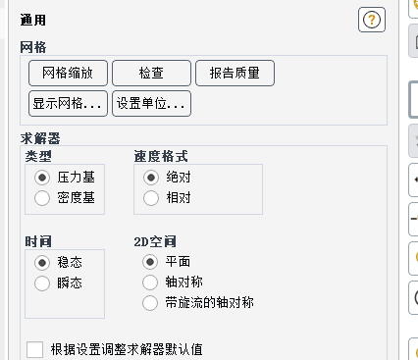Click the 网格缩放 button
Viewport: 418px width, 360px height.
pos(68,73)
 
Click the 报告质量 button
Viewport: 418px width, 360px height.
pos(235,73)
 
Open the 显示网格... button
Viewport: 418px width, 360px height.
pos(68,104)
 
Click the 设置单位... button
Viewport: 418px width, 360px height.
pos(151,104)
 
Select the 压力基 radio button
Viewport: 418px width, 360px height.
pos(42,178)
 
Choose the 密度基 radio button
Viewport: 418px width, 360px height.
pos(42,198)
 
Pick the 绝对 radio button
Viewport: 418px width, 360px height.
pos(151,178)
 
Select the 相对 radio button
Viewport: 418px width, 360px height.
pos(151,198)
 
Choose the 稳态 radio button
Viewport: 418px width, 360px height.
pos(42,263)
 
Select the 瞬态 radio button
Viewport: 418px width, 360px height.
pos(42,283)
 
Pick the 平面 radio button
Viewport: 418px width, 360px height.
pos(150,262)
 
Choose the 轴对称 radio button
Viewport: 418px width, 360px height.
pos(150,283)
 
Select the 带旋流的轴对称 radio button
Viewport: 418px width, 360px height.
pos(150,303)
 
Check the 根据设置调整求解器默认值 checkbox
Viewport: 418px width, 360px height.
pos(35,350)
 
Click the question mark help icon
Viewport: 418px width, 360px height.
pos(372,20)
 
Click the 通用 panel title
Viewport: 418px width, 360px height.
pos(33,20)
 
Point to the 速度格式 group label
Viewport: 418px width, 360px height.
pos(161,156)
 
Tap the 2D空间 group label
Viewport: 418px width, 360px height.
pos(155,242)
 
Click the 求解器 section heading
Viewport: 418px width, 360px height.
pos(40,138)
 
